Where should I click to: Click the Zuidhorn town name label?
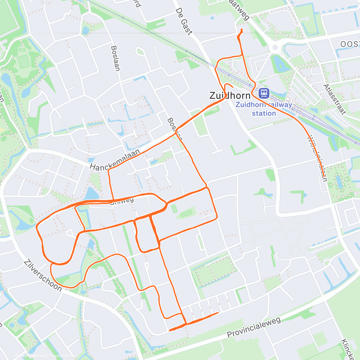[x=230, y=96]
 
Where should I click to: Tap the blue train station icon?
[x=264, y=93]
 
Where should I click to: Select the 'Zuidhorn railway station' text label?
[x=264, y=109]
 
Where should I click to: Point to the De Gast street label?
[x=183, y=21]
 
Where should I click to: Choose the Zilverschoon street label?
[x=43, y=275]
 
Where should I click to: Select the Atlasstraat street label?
[x=334, y=99]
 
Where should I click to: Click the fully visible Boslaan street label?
[x=115, y=58]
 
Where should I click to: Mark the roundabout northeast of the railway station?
[x=274, y=47]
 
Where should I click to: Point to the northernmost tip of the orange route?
[x=242, y=29]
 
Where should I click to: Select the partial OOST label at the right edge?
[x=350, y=44]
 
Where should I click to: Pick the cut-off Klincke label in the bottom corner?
[x=348, y=349]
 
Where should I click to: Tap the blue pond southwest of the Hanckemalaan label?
[x=92, y=193]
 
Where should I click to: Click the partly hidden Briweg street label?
[x=122, y=201]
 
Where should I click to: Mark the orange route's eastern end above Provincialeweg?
[x=218, y=313]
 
